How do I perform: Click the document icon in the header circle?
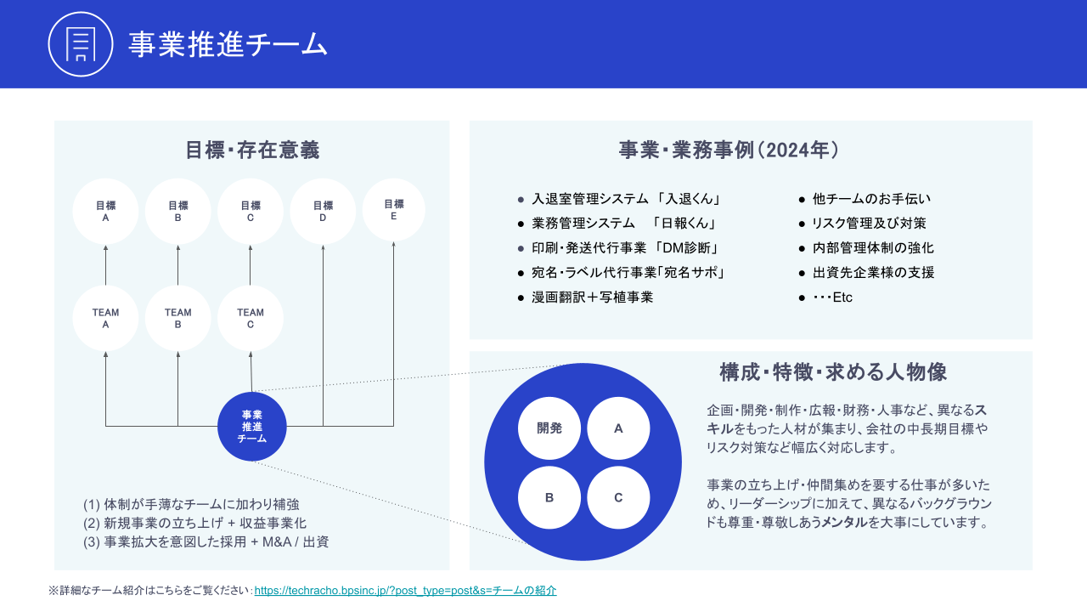(x=81, y=44)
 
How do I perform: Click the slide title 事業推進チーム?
(x=228, y=44)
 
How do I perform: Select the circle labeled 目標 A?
(x=105, y=212)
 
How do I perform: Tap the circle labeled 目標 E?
(x=393, y=210)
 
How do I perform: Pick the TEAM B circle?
(x=177, y=318)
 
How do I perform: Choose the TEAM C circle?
(x=251, y=318)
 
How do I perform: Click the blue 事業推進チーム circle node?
(x=252, y=427)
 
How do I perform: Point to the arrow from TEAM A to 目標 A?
(x=106, y=265)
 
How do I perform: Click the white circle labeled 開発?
(x=549, y=428)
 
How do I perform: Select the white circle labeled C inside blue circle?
(x=618, y=497)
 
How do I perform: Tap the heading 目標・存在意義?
(x=252, y=150)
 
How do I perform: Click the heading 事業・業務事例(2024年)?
(x=729, y=150)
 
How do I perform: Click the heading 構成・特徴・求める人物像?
(x=833, y=372)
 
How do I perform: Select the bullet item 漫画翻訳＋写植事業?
(x=593, y=297)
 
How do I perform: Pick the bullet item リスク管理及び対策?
(x=869, y=224)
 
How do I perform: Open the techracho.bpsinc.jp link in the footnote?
(x=405, y=590)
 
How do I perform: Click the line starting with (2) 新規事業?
(x=194, y=523)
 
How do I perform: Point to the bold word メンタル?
(x=844, y=523)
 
